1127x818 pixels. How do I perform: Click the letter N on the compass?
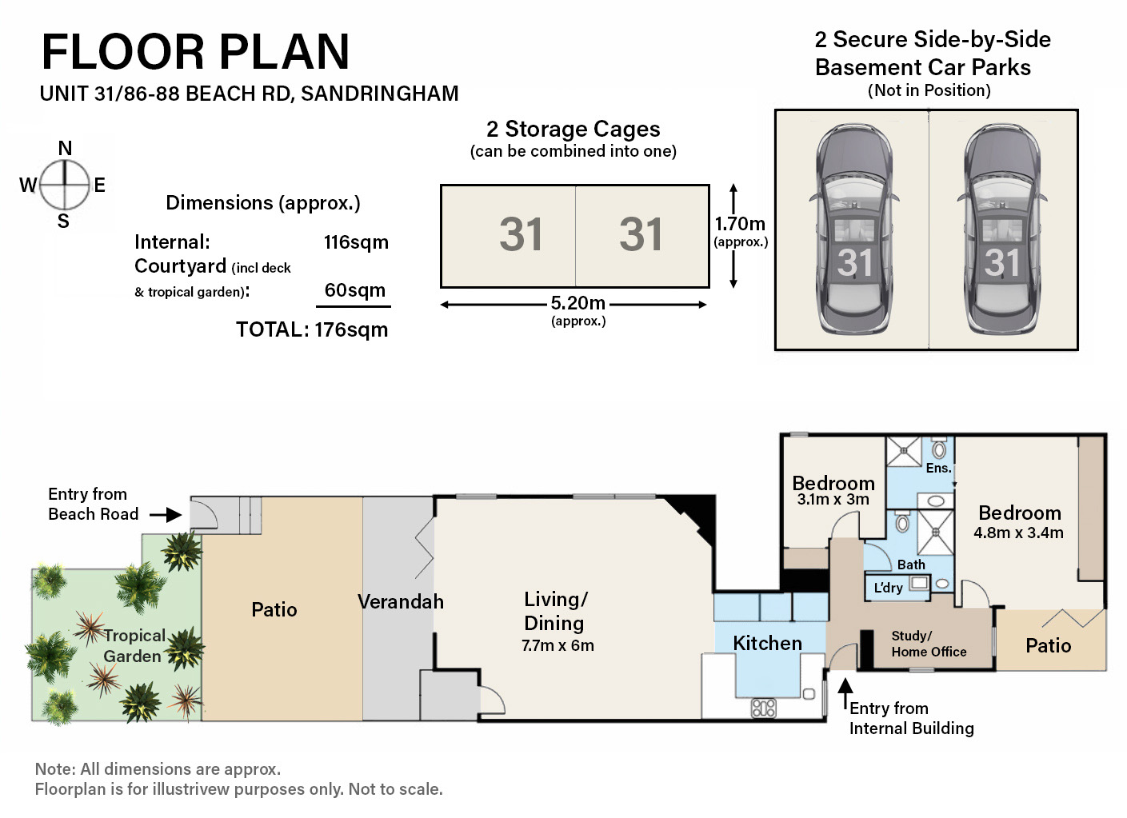(65, 148)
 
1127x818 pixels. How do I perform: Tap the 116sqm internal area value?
(356, 242)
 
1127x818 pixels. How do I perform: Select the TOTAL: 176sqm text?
(312, 330)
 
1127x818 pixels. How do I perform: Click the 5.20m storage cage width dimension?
(578, 303)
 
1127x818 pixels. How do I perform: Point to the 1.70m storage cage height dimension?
(740, 223)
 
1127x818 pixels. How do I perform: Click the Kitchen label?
(767, 644)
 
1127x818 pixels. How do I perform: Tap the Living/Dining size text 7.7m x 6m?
(558, 645)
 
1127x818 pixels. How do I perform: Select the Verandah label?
(401, 601)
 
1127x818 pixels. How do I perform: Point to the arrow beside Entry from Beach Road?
(166, 515)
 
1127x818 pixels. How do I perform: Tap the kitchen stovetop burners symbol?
(763, 708)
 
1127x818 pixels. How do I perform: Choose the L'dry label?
(888, 588)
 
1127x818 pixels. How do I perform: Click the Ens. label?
(939, 469)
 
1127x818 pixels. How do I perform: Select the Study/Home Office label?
(929, 644)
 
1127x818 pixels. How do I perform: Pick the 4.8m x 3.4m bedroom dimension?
(1018, 533)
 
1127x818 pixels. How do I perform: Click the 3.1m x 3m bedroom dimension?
(833, 500)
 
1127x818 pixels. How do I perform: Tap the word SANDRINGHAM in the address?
(380, 94)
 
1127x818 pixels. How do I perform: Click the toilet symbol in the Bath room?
(902, 522)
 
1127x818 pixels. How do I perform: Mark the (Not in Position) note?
(929, 90)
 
